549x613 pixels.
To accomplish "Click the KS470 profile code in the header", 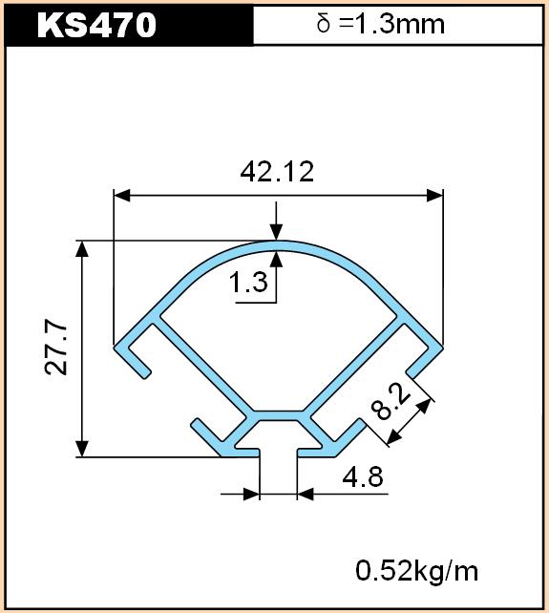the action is pyautogui.click(x=96, y=25).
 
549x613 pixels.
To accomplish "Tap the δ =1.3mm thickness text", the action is pyautogui.click(x=380, y=24).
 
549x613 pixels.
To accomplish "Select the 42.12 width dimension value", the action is pyautogui.click(x=277, y=171).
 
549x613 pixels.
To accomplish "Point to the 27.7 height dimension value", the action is pyautogui.click(x=56, y=348).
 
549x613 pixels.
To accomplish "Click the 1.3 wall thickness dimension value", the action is pyautogui.click(x=248, y=282).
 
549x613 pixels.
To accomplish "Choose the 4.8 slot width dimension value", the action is pyautogui.click(x=363, y=476).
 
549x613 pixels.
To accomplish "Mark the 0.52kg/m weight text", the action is pyautogui.click(x=416, y=571).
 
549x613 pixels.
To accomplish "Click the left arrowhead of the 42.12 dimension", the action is pyautogui.click(x=121, y=195).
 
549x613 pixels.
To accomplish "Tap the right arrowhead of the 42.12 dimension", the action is pyautogui.click(x=434, y=195).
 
